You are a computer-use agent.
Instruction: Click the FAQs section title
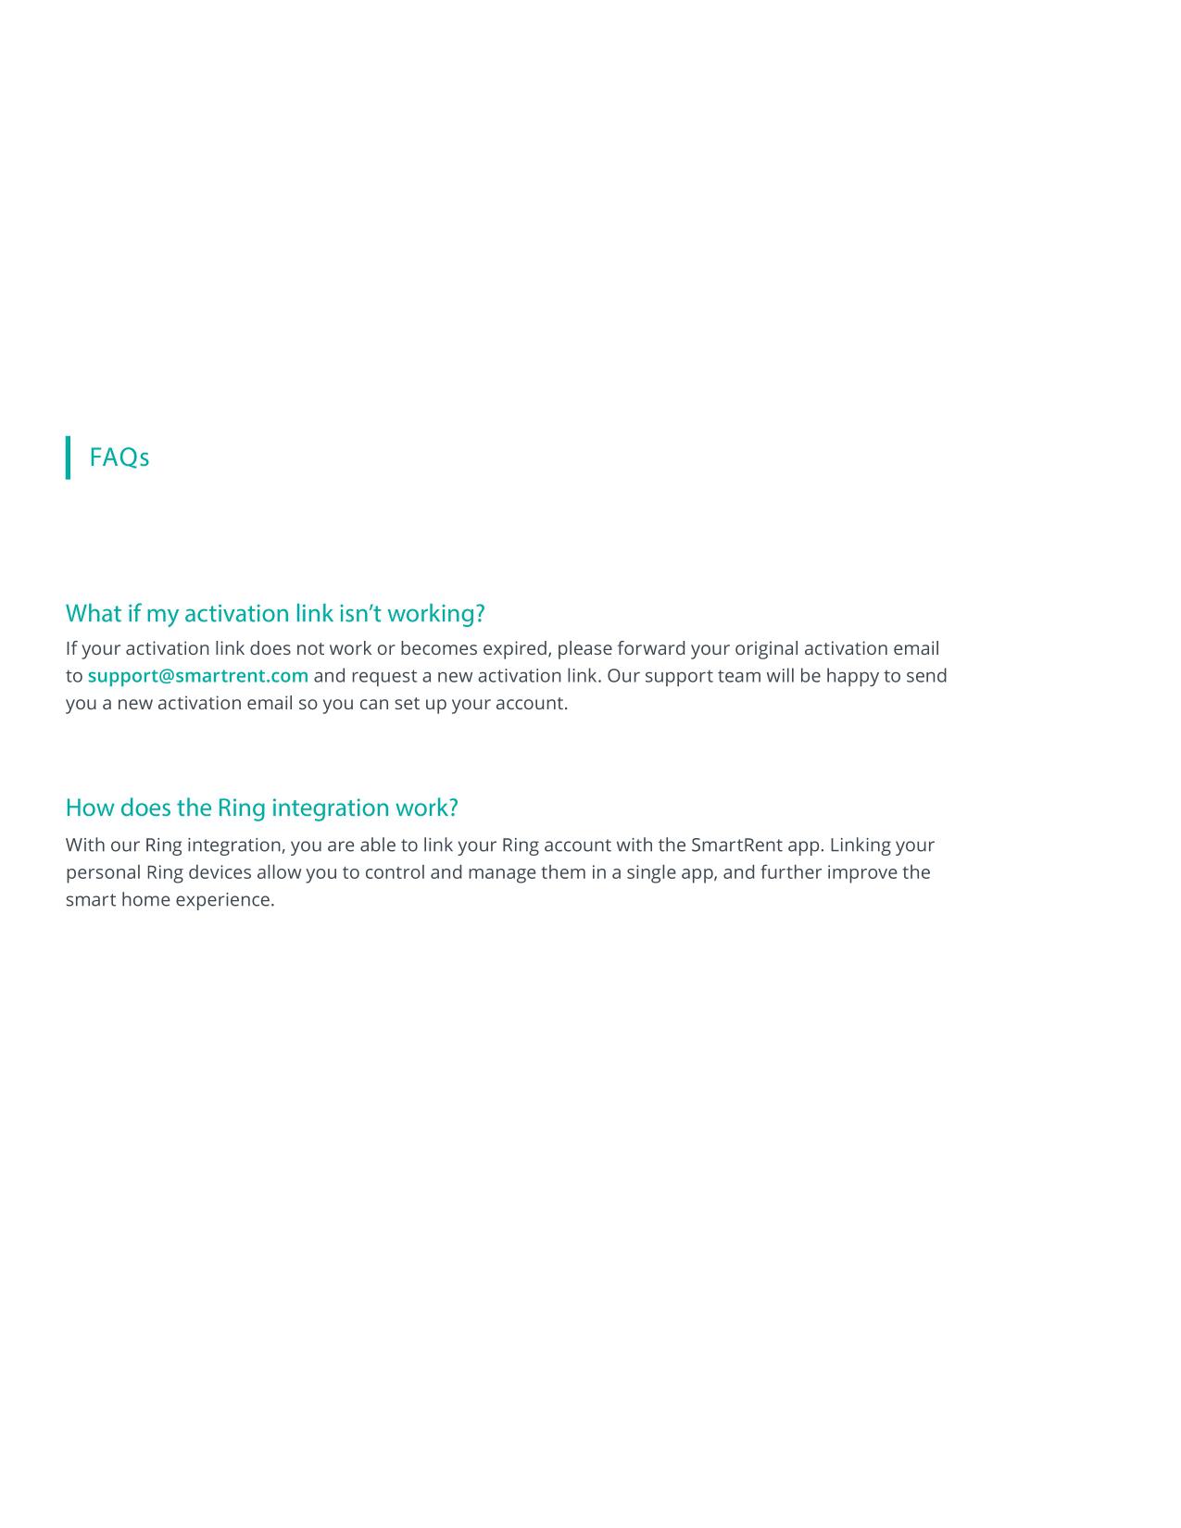119,457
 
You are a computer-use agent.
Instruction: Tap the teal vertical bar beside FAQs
68,457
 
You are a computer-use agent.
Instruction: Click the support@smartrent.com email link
198,676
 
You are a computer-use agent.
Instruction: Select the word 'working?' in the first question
436,614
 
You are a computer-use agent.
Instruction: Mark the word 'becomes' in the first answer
438,648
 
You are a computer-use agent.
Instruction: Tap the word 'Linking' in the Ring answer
860,845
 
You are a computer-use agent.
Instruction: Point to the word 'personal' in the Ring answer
103,872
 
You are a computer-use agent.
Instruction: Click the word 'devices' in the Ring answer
219,872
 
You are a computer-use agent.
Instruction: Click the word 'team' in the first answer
739,676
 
